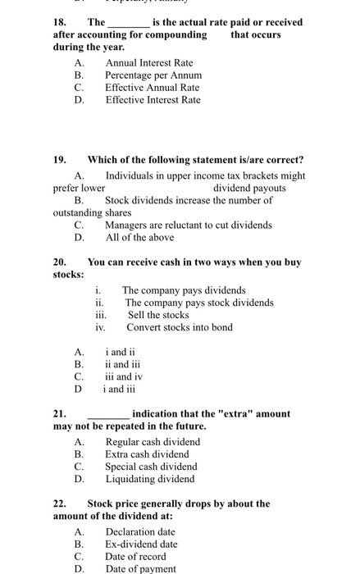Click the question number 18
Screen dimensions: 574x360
coord(60,22)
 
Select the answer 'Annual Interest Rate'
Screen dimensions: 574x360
coord(149,62)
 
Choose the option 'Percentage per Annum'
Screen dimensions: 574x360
coord(153,75)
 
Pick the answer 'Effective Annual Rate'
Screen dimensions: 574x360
coord(152,87)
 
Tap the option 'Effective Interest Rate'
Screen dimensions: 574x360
coord(153,100)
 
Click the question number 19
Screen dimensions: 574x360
coord(60,159)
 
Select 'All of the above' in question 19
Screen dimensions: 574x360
coord(139,238)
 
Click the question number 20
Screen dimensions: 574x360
coord(60,262)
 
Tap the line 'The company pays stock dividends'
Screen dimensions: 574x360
coord(199,303)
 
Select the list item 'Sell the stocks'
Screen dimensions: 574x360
coord(158,315)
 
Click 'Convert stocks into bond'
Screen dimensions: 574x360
coord(180,327)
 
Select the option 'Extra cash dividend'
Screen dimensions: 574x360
coord(147,454)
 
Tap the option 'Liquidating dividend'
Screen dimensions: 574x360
coord(150,479)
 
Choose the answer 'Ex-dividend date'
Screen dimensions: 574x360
coord(141,544)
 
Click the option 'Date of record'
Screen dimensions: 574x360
coord(136,557)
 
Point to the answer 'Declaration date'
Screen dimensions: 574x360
coord(140,531)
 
